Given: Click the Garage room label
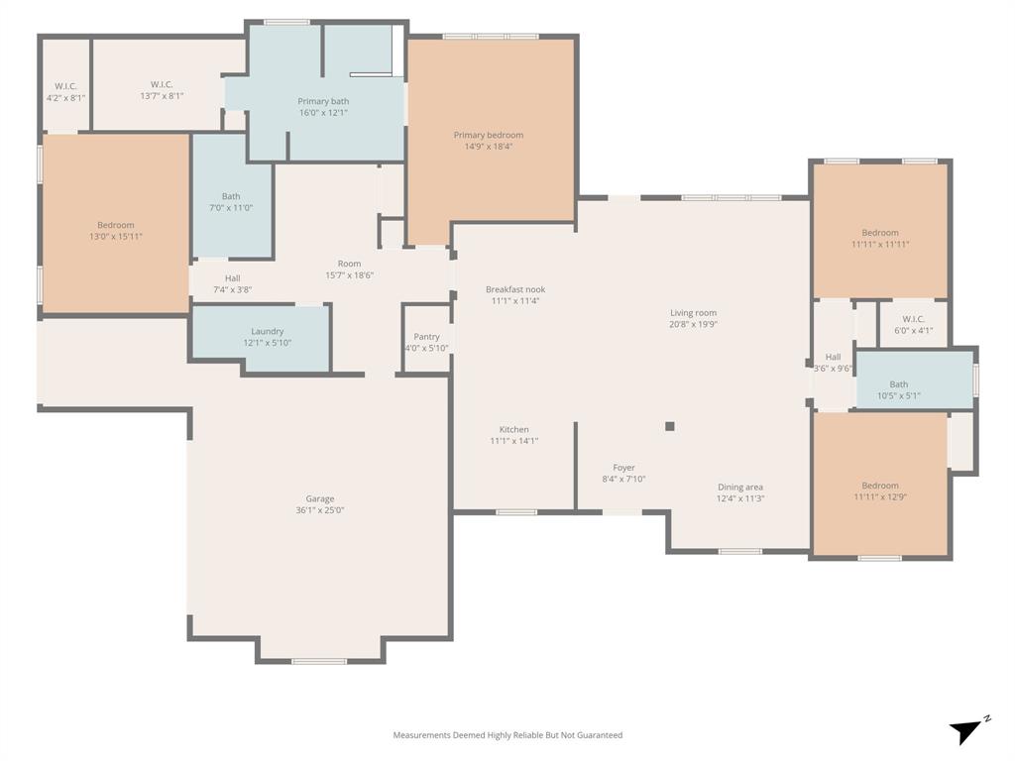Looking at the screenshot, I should [319, 499].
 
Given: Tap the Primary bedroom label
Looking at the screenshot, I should [488, 135].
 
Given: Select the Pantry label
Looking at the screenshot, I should [426, 337].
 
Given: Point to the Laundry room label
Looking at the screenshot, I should [268, 331].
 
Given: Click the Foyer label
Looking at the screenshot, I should [623, 468].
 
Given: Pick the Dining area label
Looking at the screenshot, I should [740, 487].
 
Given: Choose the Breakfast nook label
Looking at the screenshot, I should [514, 289].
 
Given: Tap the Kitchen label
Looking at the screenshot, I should [513, 429].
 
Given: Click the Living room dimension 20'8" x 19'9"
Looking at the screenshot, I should [693, 324].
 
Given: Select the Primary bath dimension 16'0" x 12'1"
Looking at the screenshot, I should [323, 113].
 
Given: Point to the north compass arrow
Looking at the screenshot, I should [967, 731].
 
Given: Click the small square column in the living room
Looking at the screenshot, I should [670, 426].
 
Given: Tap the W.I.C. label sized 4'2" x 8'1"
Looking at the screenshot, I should [65, 85].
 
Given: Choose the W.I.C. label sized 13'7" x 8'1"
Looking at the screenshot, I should [162, 84].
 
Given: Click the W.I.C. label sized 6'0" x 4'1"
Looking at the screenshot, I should [913, 319].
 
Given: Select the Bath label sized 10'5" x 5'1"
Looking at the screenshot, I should [898, 384].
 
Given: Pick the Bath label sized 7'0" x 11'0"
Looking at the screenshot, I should [231, 196].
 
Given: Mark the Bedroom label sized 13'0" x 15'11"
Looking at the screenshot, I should [115, 225].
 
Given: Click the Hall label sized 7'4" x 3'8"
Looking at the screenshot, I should [232, 278].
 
